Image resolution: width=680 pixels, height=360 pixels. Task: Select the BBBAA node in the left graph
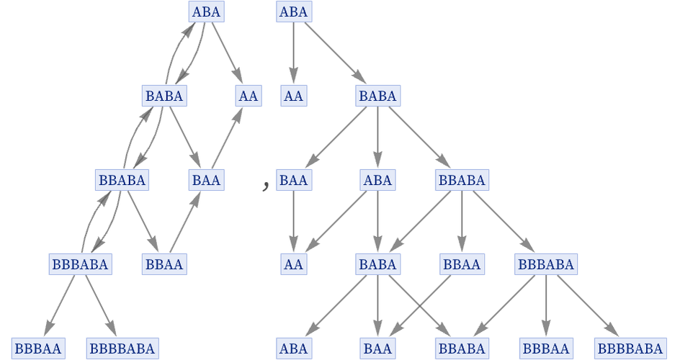(x=37, y=349)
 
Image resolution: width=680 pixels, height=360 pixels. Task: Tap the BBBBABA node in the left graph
(x=122, y=349)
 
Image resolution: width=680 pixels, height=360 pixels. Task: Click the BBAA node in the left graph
(x=164, y=264)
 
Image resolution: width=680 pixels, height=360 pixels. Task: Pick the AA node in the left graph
(x=248, y=95)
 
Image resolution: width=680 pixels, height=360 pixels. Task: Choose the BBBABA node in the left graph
(x=79, y=264)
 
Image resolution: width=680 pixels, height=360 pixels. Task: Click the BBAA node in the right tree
(x=462, y=264)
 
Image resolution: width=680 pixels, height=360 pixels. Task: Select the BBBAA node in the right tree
(x=546, y=349)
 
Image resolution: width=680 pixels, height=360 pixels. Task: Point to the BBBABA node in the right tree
(x=546, y=264)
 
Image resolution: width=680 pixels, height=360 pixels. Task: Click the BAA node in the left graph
(x=206, y=179)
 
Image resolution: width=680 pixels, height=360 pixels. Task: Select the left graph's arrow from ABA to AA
(x=227, y=53)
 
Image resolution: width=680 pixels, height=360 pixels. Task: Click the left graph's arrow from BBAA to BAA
(x=185, y=222)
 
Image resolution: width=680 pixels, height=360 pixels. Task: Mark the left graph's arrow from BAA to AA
(x=227, y=138)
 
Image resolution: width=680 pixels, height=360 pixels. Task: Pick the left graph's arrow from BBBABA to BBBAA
(x=59, y=307)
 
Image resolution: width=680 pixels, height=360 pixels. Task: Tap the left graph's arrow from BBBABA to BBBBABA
(x=100, y=307)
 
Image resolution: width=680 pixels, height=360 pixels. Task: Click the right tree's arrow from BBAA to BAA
(x=420, y=307)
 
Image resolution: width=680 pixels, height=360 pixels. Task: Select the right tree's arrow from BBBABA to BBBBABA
(x=588, y=307)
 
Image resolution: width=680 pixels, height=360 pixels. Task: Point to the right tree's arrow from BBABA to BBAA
(x=462, y=222)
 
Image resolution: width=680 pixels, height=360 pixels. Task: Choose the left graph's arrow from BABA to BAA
(x=184, y=138)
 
